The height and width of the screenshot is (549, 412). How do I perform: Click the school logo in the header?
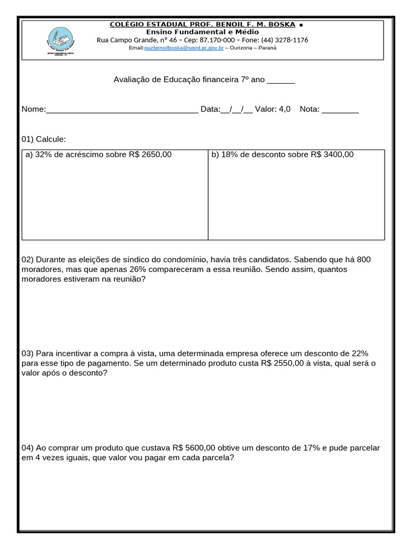(61, 41)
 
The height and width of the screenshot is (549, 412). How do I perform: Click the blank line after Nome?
(122, 109)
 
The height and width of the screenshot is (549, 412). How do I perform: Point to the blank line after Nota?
(340, 109)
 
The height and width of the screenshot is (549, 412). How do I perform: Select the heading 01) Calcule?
(43, 139)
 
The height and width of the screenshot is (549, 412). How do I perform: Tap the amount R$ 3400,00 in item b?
(332, 154)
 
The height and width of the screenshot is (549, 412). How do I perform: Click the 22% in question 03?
(358, 353)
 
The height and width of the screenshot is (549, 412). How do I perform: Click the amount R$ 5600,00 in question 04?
(194, 448)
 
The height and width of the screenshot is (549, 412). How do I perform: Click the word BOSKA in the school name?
(282, 25)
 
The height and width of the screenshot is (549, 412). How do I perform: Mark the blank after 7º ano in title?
(281, 79)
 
